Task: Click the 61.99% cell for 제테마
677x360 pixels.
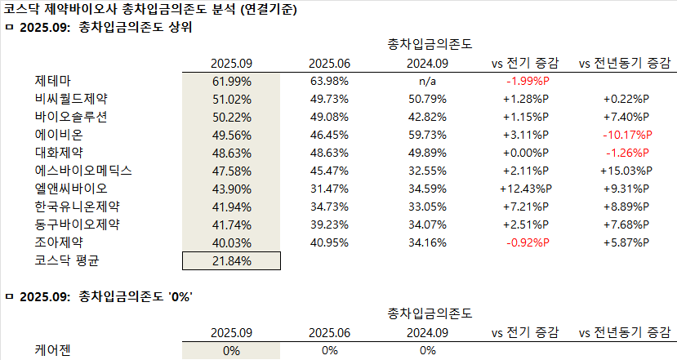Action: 231,81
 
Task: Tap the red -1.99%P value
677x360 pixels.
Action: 528,81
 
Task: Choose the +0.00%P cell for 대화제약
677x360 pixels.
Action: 528,153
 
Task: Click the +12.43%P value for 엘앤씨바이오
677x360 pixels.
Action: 528,189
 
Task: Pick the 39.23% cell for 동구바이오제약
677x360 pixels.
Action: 330,224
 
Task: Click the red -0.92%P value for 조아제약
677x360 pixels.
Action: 528,242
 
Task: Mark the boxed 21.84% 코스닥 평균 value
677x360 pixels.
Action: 231,260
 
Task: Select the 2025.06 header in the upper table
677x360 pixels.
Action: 330,63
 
